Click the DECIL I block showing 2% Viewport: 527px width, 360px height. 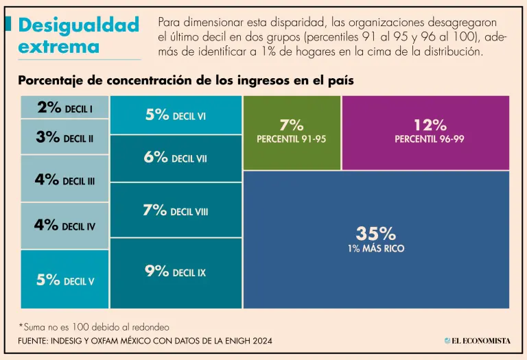pyautogui.click(x=65, y=108)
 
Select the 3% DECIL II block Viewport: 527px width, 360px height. pyautogui.click(x=65, y=137)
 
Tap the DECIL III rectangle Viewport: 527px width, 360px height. pyautogui.click(x=65, y=179)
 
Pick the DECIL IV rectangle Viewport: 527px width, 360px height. pyautogui.click(x=65, y=225)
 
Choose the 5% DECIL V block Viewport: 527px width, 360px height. pyautogui.click(x=65, y=279)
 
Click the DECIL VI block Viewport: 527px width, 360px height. pyautogui.click(x=176, y=115)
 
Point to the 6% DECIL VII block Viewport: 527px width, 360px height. pyautogui.click(x=176, y=158)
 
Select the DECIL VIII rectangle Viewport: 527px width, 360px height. pyautogui.click(x=176, y=211)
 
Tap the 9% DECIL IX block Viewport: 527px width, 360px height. pyautogui.click(x=176, y=272)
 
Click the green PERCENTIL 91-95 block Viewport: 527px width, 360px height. pyautogui.click(x=292, y=132)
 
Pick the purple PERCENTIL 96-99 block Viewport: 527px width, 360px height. pyautogui.click(x=425, y=132)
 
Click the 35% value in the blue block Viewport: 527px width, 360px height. pyautogui.click(x=375, y=234)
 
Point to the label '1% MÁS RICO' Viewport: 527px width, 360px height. pyautogui.click(x=375, y=248)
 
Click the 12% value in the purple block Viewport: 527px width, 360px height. pyautogui.click(x=430, y=125)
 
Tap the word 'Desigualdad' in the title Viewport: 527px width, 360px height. pyautogui.click(x=79, y=25)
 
